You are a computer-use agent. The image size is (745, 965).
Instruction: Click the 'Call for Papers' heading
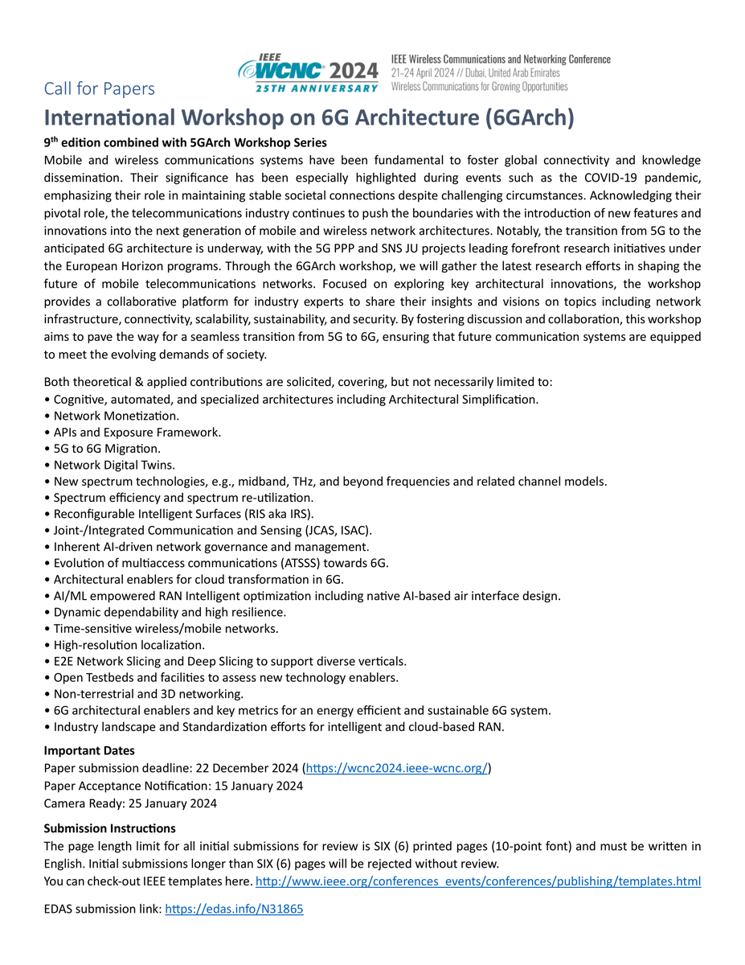[x=99, y=88]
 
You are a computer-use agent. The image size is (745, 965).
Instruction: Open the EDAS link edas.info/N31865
[x=233, y=910]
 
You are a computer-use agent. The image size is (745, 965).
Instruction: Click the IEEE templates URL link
[x=477, y=881]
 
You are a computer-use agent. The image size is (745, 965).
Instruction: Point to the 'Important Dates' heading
[x=89, y=751]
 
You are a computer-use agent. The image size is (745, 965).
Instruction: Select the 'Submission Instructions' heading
[x=109, y=828]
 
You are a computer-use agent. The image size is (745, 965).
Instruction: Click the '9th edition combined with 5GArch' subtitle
[x=185, y=142]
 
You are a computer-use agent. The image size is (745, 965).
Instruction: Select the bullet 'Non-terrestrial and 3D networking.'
[x=148, y=694]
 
